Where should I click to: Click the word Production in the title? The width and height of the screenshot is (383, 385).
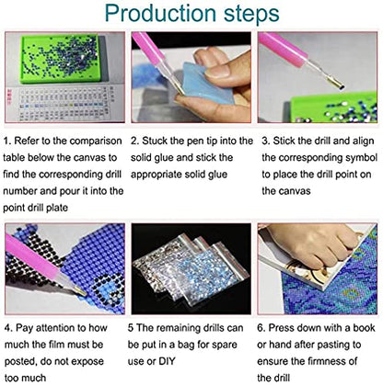click(x=160, y=13)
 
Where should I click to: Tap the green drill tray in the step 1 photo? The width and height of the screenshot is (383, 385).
click(x=61, y=59)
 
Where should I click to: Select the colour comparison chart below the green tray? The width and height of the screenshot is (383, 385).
click(x=64, y=103)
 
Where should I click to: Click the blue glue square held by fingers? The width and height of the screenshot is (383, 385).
click(x=203, y=82)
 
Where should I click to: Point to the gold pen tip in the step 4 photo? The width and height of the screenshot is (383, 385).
click(x=79, y=290)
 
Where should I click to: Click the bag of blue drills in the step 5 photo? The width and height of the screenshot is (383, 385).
click(x=213, y=273)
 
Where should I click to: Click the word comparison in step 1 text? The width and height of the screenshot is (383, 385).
click(x=96, y=142)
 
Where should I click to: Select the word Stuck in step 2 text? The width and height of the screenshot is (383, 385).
click(x=155, y=141)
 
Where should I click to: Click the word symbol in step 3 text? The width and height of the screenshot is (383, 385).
click(x=361, y=158)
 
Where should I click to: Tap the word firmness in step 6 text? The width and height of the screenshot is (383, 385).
click(x=324, y=361)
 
